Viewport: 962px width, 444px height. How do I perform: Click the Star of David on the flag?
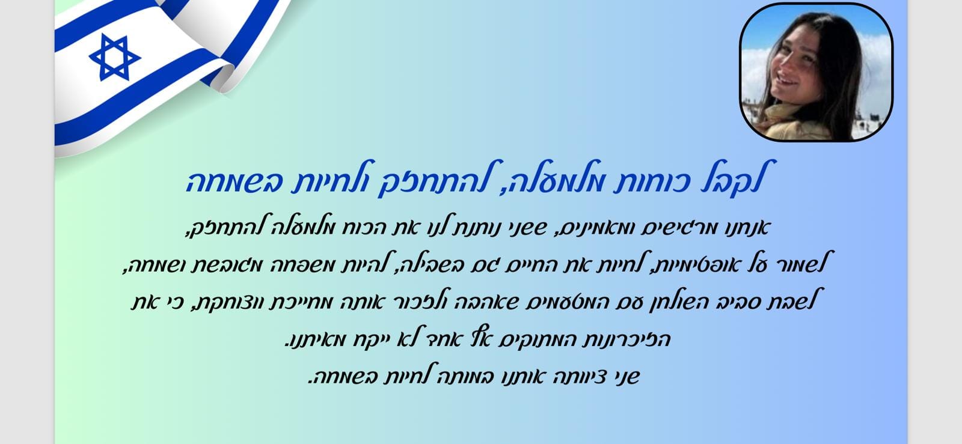click(115, 57)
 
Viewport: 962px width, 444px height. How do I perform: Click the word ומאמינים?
click(597, 228)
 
